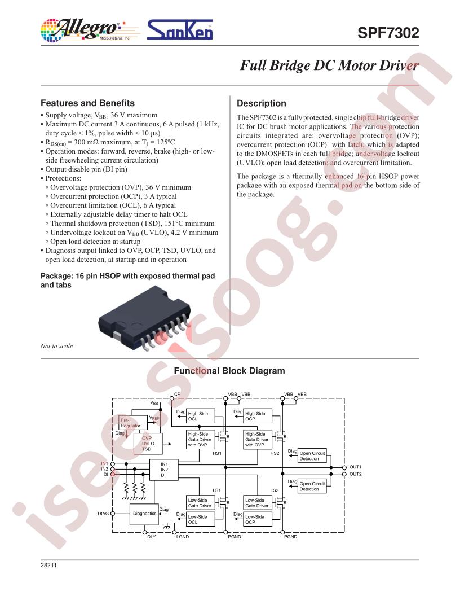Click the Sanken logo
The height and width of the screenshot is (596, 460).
click(x=179, y=30)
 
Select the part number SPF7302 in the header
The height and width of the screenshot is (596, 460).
click(x=388, y=33)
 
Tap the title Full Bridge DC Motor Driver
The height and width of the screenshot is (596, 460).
click(x=329, y=65)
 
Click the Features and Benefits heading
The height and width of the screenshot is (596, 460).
click(x=88, y=103)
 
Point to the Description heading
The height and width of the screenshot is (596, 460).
click(x=262, y=103)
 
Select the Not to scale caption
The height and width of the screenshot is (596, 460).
click(x=56, y=346)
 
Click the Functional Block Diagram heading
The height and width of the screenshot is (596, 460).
click(x=229, y=371)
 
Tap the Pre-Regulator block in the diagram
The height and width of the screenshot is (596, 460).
click(x=133, y=423)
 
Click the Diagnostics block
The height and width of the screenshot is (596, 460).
click(x=144, y=514)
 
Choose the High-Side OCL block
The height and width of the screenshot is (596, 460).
click(x=200, y=416)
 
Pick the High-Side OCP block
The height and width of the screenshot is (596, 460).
click(x=258, y=416)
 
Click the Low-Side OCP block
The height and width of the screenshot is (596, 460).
click(x=258, y=519)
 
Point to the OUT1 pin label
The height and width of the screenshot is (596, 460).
click(x=356, y=467)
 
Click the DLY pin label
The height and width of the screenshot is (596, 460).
click(x=152, y=537)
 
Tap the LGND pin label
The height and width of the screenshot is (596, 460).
click(x=183, y=537)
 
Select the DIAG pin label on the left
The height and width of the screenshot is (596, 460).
click(x=103, y=514)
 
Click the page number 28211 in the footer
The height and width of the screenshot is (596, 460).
click(x=48, y=565)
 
